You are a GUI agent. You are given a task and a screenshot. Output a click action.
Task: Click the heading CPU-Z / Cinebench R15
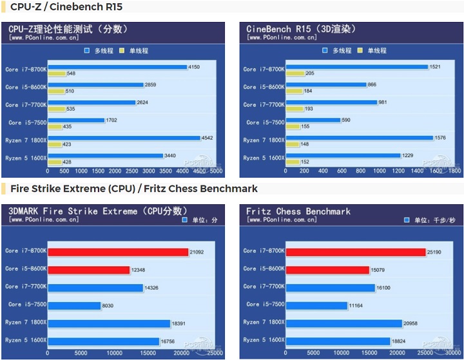tap(66, 7)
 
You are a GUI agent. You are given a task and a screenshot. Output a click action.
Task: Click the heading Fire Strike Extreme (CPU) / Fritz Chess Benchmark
tap(133, 189)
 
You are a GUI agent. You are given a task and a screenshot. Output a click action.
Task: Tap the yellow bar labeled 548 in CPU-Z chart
tap(56, 73)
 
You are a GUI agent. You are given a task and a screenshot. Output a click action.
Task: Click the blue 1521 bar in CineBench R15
tap(356, 67)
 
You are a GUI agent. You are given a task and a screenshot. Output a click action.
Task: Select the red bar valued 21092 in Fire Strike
tap(117, 252)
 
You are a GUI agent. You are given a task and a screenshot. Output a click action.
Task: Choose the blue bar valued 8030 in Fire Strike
tap(73, 306)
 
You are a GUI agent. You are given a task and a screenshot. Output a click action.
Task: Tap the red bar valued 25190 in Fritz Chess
tap(355, 252)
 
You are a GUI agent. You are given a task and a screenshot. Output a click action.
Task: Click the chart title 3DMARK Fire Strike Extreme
tap(97, 211)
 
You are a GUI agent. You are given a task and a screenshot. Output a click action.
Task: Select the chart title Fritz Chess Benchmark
tap(298, 211)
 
